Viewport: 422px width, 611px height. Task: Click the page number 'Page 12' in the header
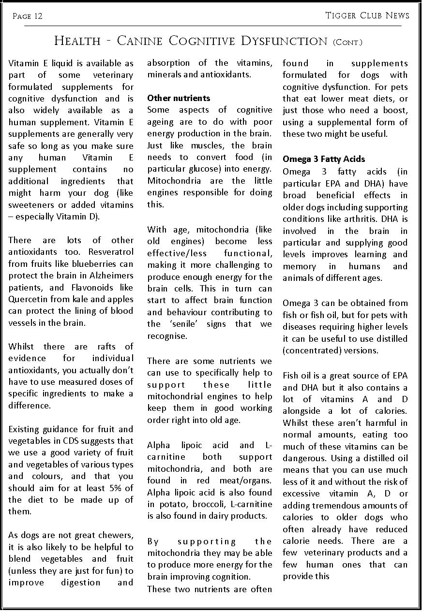28,16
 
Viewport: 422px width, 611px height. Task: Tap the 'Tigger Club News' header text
367,15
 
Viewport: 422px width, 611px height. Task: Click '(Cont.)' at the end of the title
347,42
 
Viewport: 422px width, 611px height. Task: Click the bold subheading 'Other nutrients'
179,98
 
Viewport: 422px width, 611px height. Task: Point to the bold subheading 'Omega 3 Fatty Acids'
324,159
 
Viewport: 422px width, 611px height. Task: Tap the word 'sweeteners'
30,204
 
